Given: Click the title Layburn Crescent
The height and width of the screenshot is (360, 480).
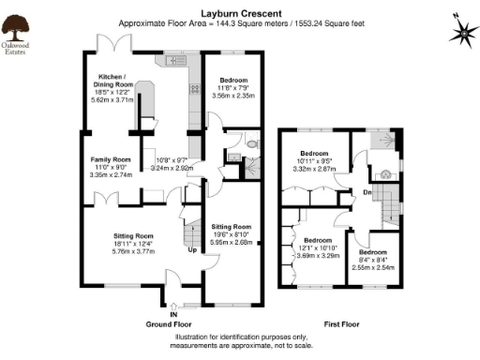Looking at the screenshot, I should tap(240, 14).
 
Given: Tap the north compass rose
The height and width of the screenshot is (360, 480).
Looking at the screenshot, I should tap(462, 32).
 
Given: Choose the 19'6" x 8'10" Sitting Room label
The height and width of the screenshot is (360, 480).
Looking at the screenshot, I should tap(231, 233).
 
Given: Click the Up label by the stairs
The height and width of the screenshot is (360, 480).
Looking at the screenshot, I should tap(193, 250).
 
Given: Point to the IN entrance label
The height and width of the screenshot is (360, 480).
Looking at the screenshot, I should tap(173, 314).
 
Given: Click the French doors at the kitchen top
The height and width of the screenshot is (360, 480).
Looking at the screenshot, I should tap(112, 44).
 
